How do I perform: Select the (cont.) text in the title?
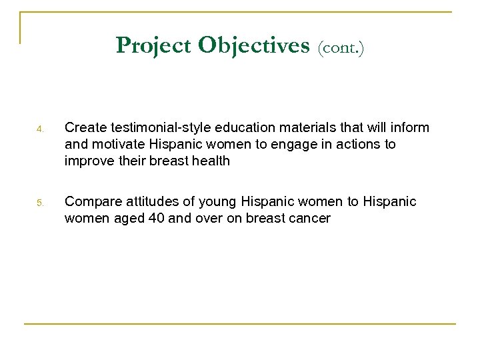pos(341,47)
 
